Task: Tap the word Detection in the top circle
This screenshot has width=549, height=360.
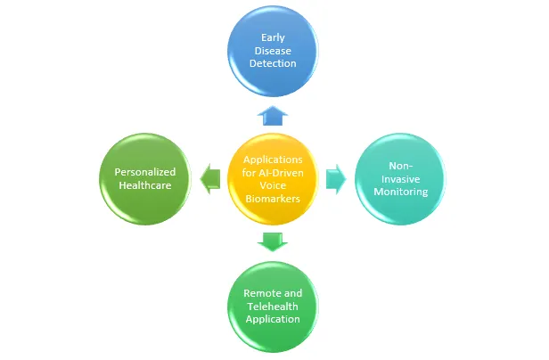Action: [273, 63]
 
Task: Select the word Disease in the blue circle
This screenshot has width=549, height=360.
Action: [273, 50]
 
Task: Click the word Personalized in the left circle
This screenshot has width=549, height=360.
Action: [145, 171]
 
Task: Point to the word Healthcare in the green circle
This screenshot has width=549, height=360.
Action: [145, 184]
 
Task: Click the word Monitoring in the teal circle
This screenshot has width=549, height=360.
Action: [401, 192]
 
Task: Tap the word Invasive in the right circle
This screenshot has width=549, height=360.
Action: [401, 178]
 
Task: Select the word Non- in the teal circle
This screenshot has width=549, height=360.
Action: [401, 165]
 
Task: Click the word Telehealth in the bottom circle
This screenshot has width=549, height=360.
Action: [274, 306]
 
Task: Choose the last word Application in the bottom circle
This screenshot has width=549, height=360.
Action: [274, 319]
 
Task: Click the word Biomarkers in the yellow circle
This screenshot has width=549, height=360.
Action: [274, 200]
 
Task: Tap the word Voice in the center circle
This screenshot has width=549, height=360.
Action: [274, 186]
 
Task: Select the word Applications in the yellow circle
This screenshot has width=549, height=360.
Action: [274, 160]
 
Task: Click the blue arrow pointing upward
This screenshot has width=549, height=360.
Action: [273, 114]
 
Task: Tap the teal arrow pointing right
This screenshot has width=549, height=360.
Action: [336, 177]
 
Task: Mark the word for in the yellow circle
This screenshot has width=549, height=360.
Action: [251, 173]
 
